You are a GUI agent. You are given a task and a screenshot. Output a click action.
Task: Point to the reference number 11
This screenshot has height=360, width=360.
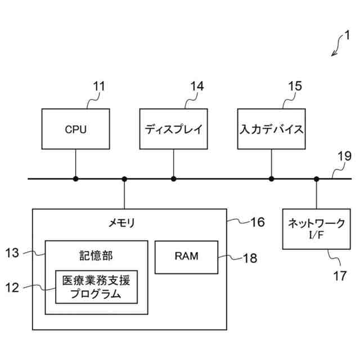99,87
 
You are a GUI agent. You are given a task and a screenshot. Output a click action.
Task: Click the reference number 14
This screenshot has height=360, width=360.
197,86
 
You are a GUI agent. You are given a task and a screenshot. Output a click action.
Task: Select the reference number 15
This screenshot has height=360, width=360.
295,86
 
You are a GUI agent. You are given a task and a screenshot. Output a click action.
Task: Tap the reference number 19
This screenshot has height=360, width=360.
344,156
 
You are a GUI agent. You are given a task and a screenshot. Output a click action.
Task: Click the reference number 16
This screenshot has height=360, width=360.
258,222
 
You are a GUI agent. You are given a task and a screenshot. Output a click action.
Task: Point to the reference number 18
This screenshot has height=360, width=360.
250,258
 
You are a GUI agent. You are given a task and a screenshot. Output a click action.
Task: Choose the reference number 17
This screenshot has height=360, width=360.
340,276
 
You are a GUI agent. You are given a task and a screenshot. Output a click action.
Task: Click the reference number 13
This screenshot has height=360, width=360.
12,253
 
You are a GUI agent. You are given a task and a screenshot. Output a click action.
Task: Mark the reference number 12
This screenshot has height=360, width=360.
12,287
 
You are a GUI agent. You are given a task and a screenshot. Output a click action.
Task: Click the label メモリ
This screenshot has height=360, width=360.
121,223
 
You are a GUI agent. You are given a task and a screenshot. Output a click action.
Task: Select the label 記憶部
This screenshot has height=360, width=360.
96,256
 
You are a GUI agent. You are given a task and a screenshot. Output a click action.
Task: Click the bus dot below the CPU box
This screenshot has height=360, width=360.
76,179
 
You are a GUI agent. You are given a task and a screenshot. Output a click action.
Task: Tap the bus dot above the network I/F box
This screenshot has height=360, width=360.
316,179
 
